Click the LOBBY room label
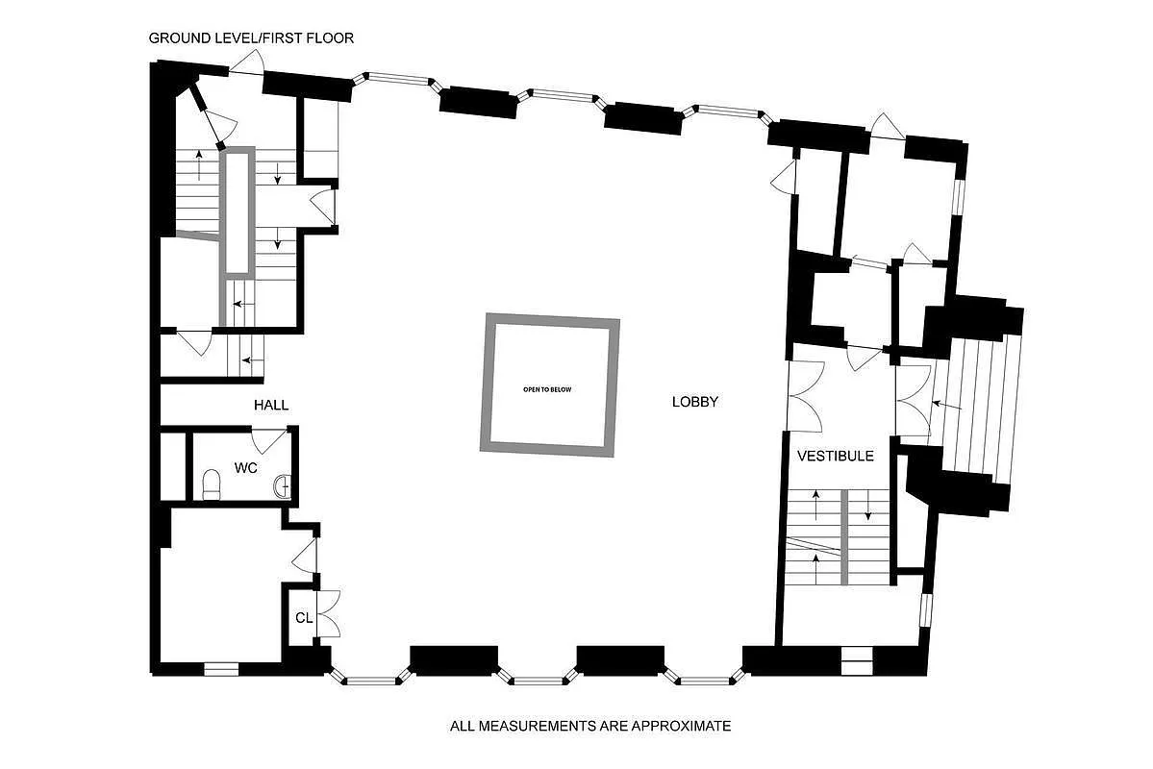[x=694, y=402]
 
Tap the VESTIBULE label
[x=834, y=456]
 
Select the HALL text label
[x=271, y=405]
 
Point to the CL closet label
[x=304, y=618]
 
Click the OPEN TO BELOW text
[x=547, y=389]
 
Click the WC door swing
[x=268, y=440]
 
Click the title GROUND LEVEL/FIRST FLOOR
[x=251, y=38]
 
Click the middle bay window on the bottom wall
[x=538, y=681]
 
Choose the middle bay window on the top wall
[x=563, y=94]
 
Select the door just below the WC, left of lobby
[x=306, y=555]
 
